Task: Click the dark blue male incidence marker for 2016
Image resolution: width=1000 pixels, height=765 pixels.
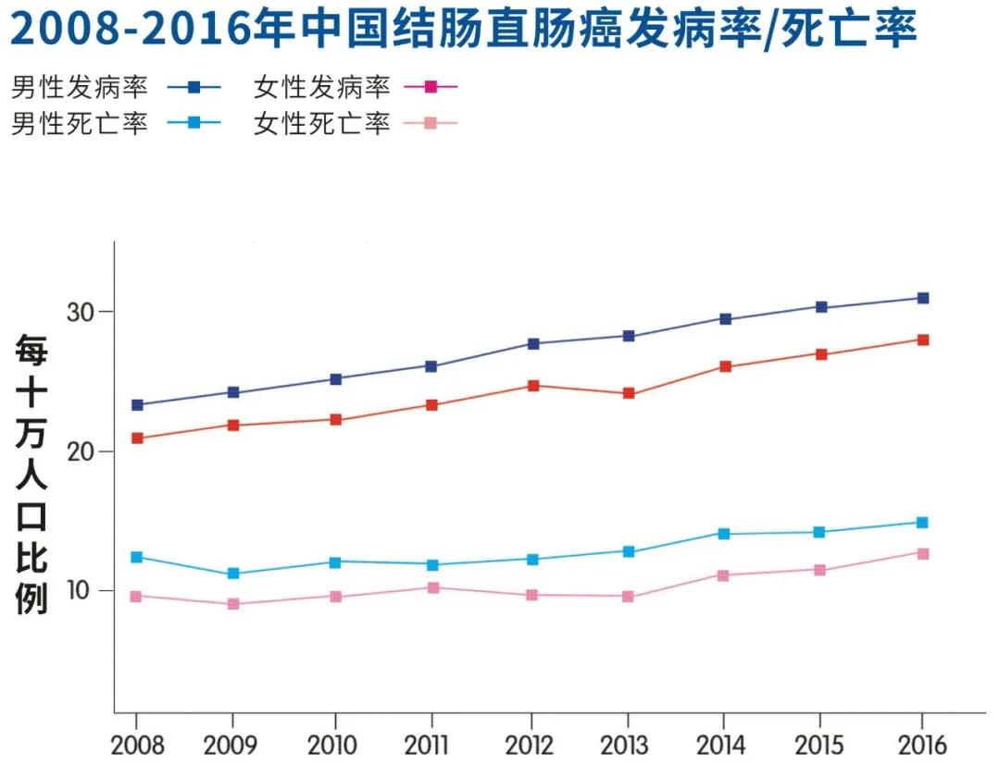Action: [x=922, y=298]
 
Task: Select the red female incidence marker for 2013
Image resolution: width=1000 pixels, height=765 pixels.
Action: [x=629, y=393]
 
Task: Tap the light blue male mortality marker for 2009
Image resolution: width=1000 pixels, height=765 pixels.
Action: [x=233, y=574]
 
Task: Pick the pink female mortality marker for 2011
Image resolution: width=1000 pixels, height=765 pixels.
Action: [x=432, y=587]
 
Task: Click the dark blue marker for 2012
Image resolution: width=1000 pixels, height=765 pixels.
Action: [x=532, y=343]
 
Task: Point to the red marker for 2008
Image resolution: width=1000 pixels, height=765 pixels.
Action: [x=137, y=438]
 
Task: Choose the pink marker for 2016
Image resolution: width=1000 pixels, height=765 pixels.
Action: [x=922, y=553]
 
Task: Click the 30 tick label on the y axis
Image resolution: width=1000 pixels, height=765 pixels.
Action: [x=81, y=312]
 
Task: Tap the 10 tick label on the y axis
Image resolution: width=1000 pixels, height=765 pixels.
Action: [x=81, y=590]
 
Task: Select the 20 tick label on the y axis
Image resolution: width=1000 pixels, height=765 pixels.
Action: [x=81, y=451]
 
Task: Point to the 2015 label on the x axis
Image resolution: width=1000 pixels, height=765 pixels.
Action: [x=819, y=744]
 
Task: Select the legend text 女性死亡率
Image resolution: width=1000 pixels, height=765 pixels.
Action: [x=322, y=123]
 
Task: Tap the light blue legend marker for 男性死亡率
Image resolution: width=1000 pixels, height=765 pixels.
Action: [x=194, y=123]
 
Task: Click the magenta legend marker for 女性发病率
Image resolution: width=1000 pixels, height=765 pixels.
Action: [x=431, y=88]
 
